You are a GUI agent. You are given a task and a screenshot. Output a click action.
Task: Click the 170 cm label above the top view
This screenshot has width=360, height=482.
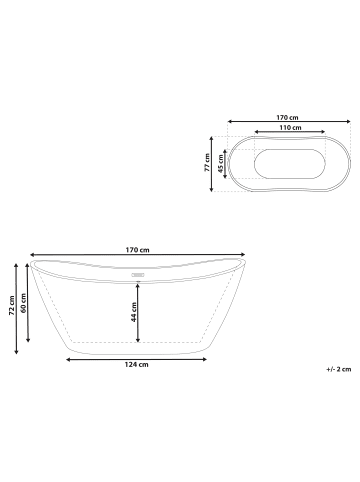(x=287, y=117)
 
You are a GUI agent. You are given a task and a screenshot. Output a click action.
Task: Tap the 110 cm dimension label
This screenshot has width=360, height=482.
(x=290, y=127)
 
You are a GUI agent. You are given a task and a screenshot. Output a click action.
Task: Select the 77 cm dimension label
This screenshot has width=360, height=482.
(x=207, y=162)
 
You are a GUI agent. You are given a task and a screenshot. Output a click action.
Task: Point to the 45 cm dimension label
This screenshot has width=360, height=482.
(x=220, y=164)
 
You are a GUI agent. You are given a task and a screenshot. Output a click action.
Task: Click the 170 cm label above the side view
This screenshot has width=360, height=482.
(x=137, y=250)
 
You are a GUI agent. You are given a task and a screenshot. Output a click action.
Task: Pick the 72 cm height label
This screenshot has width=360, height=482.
(x=12, y=305)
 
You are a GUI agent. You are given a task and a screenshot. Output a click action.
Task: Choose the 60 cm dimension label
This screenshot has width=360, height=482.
(x=23, y=303)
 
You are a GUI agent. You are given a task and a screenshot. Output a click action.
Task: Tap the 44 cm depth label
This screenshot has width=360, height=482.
(x=134, y=312)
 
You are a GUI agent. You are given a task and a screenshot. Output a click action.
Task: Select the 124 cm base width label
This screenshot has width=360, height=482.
(x=137, y=364)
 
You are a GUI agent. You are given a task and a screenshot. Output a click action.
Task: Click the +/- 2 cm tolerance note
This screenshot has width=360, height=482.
(x=339, y=369)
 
